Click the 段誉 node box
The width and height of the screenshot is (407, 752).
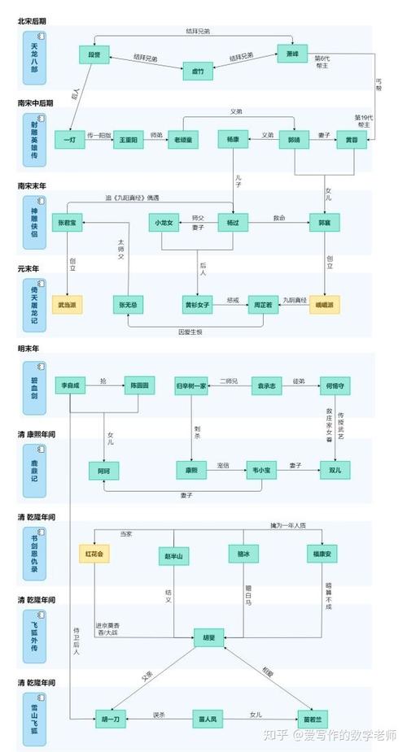point(95,54)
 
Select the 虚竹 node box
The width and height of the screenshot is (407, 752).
point(198,71)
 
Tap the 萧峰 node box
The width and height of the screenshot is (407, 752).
point(292,54)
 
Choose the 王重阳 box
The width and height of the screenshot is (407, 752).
point(128,140)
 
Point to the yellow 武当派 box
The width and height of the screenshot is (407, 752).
point(70,306)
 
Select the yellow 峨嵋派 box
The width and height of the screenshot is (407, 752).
point(326,306)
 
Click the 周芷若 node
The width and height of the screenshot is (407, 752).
point(263,306)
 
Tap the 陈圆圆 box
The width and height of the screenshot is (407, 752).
point(138,386)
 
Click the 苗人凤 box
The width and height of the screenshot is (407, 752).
point(208,719)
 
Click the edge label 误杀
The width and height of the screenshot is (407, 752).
point(159,715)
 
